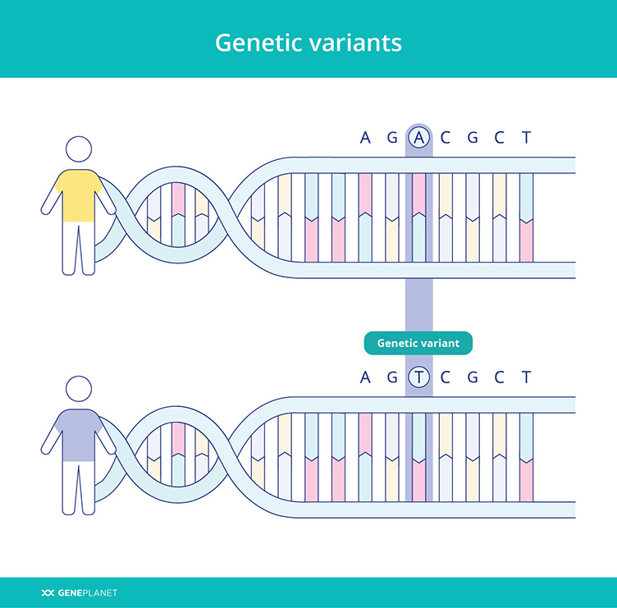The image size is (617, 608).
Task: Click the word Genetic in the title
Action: [260, 43]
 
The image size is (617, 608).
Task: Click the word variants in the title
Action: [356, 43]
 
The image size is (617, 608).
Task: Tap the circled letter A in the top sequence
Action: [419, 137]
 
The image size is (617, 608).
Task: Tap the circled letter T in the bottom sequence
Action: [419, 377]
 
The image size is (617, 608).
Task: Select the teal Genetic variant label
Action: [418, 343]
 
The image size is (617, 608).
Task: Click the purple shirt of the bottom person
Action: [79, 435]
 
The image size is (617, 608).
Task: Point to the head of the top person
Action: [79, 149]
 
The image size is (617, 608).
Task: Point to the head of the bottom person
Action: [79, 389]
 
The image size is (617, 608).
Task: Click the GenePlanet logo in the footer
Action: [80, 592]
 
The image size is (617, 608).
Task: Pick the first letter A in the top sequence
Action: [365, 137]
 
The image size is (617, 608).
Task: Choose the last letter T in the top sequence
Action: [527, 137]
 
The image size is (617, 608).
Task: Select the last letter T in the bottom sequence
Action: [527, 377]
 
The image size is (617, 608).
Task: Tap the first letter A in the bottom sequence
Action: [365, 377]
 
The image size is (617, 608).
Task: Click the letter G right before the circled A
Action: [392, 137]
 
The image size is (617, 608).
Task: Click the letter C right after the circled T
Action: [446, 377]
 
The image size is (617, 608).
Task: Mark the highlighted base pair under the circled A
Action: [419, 217]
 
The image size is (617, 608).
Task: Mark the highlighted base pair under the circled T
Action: [419, 457]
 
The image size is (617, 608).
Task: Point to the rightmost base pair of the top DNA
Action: [527, 217]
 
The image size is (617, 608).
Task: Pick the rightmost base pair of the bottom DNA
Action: [527, 457]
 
